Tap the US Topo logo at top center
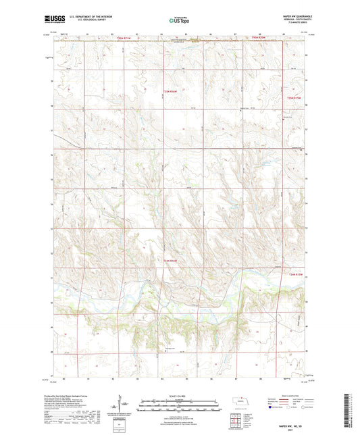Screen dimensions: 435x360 [176, 20]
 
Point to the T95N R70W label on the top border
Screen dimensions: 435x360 [254, 39]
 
